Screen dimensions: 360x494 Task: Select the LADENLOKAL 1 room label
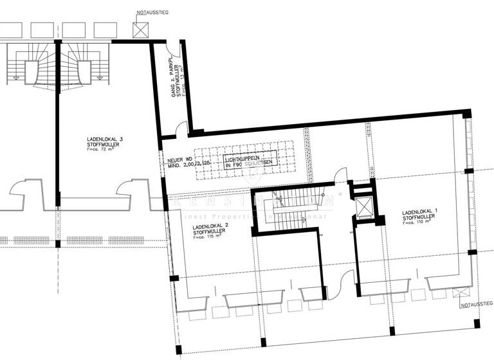419,212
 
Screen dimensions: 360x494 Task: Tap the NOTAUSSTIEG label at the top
152,12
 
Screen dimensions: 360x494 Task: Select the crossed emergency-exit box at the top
141,30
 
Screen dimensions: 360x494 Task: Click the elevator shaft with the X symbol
364,208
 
